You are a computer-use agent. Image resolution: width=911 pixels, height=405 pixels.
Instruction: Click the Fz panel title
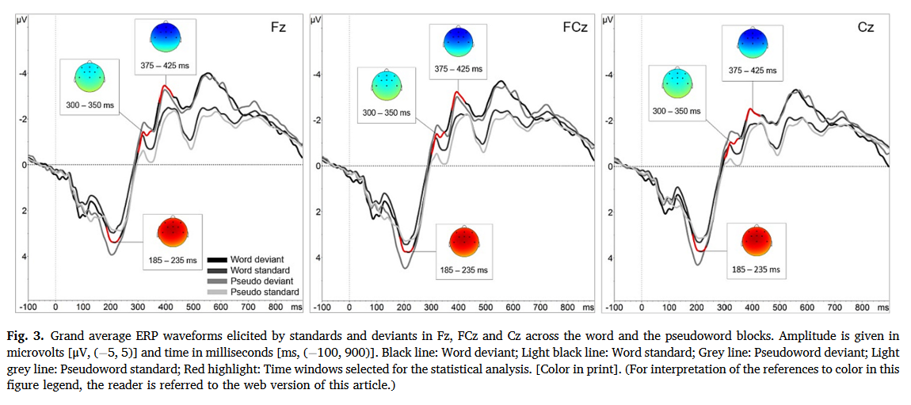[x=277, y=28]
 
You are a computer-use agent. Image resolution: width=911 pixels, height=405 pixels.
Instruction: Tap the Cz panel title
[x=865, y=28]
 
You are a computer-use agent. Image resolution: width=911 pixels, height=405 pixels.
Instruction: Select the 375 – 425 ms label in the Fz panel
[x=166, y=64]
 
